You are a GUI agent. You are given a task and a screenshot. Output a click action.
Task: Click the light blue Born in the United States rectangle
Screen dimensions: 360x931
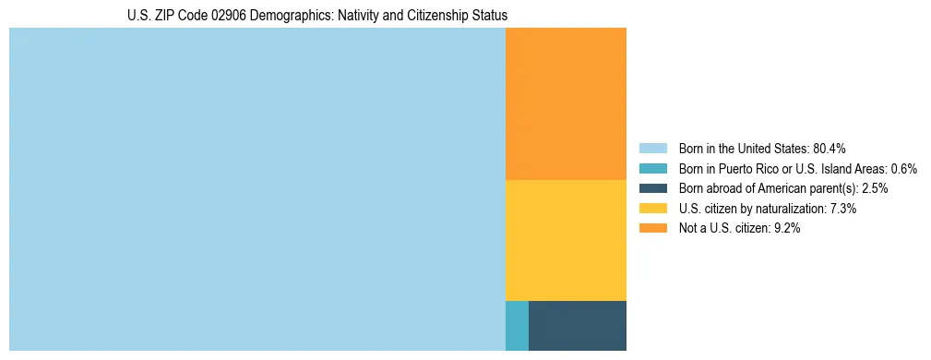(257, 189)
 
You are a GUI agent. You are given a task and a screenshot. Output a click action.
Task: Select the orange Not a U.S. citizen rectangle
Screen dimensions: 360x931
(566, 103)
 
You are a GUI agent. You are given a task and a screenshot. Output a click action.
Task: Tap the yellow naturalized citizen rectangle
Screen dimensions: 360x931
(566, 240)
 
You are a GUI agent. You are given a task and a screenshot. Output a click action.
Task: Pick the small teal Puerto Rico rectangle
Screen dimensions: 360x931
(517, 326)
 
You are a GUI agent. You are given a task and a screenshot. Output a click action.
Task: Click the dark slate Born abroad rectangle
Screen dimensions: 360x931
(578, 326)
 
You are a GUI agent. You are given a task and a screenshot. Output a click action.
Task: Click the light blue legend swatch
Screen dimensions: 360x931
(652, 149)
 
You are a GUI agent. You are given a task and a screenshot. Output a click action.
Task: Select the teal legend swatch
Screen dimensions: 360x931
(652, 169)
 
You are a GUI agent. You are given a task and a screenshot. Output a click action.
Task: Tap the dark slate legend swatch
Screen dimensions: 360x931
(652, 188)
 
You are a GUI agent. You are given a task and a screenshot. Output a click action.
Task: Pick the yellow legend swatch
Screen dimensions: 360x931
(652, 209)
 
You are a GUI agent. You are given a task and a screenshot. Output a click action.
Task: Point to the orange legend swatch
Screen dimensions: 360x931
(652, 229)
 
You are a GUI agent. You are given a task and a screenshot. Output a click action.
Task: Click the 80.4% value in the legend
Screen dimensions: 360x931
(830, 149)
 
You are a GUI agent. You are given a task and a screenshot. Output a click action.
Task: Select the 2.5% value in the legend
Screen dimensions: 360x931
(875, 188)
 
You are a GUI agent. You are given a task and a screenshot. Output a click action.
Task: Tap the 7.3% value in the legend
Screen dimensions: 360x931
(843, 209)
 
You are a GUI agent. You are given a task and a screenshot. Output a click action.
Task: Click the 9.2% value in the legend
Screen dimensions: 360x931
(785, 229)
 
